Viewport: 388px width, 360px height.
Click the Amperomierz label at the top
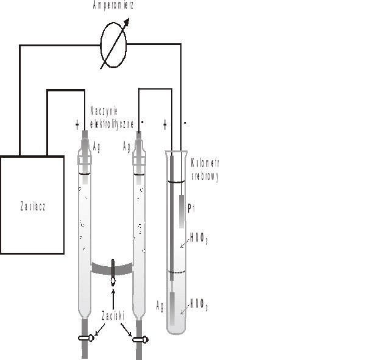(113, 5)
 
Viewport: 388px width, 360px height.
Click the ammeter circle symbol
(113, 44)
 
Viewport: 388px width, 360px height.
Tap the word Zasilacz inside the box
(33, 206)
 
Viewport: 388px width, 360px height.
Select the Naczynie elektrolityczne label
(112, 118)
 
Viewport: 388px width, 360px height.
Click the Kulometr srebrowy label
(205, 170)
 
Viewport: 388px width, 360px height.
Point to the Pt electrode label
(191, 208)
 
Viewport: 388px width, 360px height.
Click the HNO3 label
(199, 239)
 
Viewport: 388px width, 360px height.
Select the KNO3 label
(199, 305)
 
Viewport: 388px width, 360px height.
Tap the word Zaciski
(113, 316)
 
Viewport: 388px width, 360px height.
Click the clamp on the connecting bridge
(113, 272)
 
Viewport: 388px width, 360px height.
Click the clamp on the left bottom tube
(86, 338)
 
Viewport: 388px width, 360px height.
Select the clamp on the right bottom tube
(141, 340)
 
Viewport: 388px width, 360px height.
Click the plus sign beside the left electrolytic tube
(77, 125)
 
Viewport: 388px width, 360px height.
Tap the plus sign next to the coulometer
(165, 124)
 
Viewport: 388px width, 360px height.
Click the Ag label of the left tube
(96, 147)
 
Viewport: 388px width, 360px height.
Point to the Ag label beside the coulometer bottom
(160, 306)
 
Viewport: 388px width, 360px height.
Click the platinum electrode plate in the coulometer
(182, 211)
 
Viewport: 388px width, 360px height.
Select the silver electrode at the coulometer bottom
(172, 309)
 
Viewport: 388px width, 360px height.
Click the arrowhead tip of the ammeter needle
(129, 18)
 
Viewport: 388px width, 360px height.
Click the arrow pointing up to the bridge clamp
(113, 299)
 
